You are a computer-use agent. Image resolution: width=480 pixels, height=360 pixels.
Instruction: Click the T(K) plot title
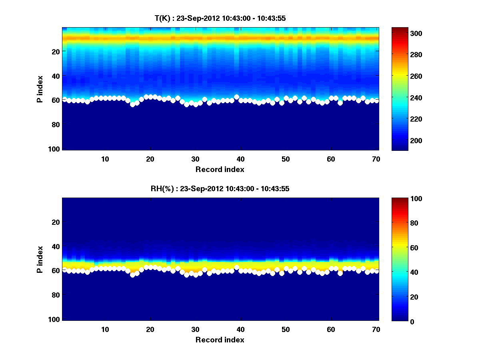[x=220, y=18]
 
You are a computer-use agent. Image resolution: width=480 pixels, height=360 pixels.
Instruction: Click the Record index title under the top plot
[x=220, y=170]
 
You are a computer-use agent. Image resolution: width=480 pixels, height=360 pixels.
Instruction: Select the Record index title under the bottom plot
[x=220, y=340]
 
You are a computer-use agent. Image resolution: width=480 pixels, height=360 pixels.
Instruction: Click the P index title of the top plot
[x=40, y=89]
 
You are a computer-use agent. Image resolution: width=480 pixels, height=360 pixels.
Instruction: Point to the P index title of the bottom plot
[x=40, y=259]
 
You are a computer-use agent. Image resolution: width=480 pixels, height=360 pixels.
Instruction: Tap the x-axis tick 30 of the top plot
[x=195, y=159]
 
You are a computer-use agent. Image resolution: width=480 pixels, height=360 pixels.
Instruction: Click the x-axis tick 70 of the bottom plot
[x=376, y=329]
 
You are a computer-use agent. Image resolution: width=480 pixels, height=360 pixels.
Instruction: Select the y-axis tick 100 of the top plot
[x=54, y=149]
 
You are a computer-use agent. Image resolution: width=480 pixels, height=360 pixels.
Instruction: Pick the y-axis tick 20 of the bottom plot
[x=56, y=222]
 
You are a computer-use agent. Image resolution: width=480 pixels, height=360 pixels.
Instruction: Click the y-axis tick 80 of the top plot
[x=56, y=124]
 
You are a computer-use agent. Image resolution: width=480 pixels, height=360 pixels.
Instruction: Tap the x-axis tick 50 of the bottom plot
[x=285, y=329]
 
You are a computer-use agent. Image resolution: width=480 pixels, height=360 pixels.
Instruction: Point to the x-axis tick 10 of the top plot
[x=105, y=159]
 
